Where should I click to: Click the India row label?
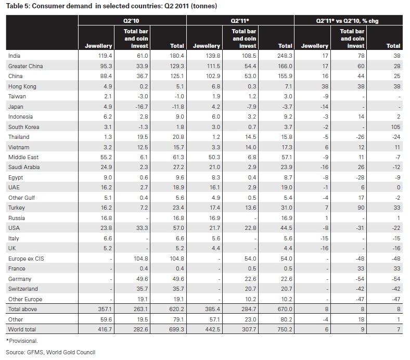coord(14,56)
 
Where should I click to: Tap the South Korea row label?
coord(24,127)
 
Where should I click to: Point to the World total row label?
coord(23,330)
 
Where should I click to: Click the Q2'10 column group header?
coord(132,20)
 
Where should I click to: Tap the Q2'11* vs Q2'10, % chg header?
coord(348,20)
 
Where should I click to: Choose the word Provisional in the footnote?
coord(23,341)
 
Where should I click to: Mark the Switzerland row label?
coord(23,289)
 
